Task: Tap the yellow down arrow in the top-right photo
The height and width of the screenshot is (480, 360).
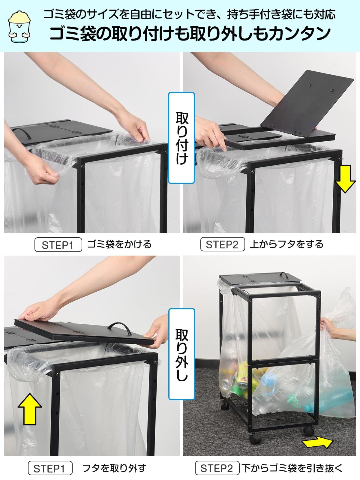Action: point(345,179)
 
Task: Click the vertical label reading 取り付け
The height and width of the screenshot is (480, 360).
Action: point(181,138)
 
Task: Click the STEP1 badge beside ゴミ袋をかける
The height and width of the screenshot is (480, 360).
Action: point(58,245)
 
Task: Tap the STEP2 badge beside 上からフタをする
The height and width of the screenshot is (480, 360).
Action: point(222,244)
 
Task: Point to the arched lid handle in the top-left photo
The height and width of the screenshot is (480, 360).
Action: point(22,133)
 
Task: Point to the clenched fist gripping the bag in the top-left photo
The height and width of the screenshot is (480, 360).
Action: point(46,173)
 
